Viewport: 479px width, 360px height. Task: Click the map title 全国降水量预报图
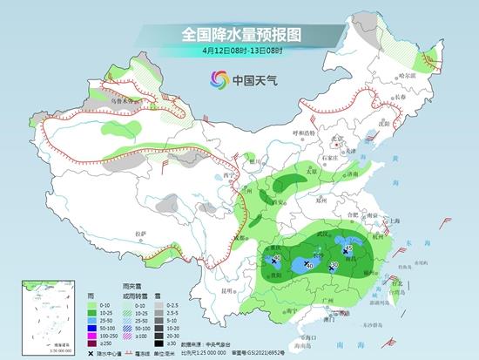pos(239,34)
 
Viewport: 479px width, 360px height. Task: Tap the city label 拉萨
pos(141,234)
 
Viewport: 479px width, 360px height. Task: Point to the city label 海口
pos(303,336)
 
